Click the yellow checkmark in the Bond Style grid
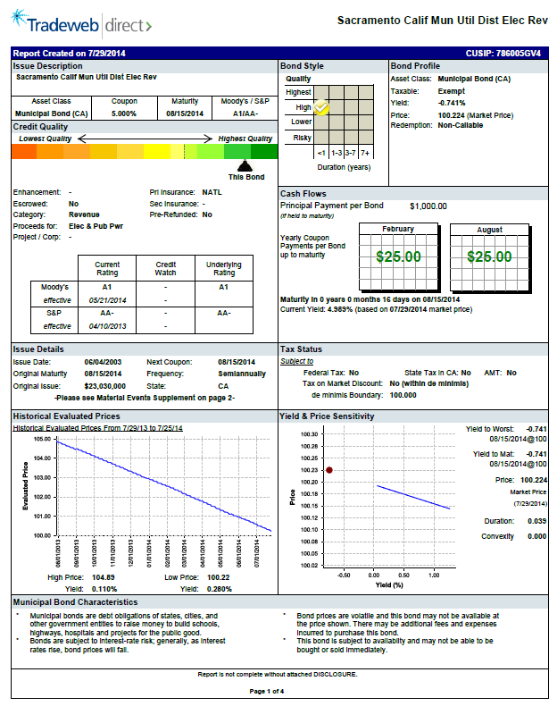[322, 107]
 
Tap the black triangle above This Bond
[245, 165]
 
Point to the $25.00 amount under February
[398, 256]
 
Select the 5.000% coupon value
[124, 113]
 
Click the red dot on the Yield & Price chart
[329, 469]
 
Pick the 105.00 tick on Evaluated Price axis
[42, 440]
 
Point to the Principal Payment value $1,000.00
[428, 206]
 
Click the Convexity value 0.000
[536, 536]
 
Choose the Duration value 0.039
[536, 521]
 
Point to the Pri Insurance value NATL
[212, 191]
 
